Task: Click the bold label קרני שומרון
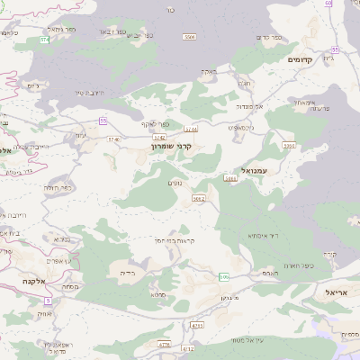click(175, 144)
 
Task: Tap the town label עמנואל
click(256, 169)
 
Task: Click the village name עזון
click(81, 135)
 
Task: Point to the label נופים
click(176, 184)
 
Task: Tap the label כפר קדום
click(270, 37)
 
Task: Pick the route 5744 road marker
click(191, 130)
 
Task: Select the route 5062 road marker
click(199, 199)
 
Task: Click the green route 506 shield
click(223, 276)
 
